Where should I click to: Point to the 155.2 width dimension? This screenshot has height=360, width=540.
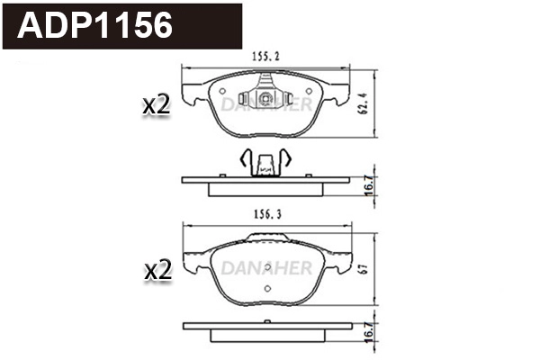265,56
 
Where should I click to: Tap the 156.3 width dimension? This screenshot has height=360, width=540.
265,215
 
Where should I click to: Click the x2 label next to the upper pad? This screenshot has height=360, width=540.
157,104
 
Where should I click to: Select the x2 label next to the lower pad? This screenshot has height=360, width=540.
157,270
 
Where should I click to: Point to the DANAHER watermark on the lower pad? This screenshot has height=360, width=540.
265,268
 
